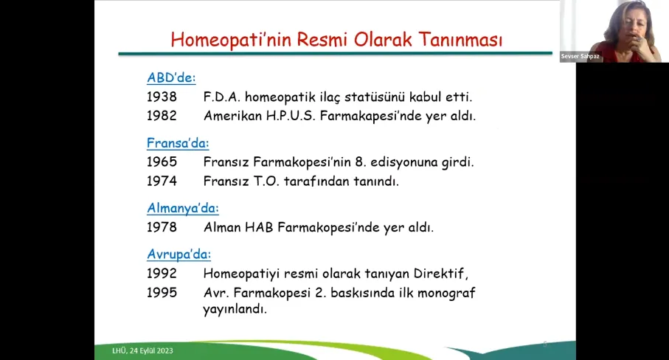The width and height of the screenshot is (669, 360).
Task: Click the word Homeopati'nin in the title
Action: [230, 40]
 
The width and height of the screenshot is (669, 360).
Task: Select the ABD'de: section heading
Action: [171, 77]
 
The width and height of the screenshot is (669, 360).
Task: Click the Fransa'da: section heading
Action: [178, 143]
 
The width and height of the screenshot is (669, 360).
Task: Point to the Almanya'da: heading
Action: [183, 208]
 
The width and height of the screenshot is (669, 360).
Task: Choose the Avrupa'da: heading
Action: [178, 255]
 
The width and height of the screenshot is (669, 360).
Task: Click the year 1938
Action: [162, 97]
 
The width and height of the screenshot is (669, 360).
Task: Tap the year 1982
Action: [162, 116]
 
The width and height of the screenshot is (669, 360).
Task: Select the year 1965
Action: [162, 162]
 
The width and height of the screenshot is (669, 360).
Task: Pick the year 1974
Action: [162, 181]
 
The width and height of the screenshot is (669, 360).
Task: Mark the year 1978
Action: [162, 227]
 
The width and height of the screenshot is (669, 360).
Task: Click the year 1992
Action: [162, 274]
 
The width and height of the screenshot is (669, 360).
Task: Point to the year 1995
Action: [162, 293]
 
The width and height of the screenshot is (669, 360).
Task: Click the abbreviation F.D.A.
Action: [222, 97]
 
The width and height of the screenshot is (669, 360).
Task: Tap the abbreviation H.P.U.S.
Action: [291, 116]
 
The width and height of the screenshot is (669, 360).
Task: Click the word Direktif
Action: [441, 274]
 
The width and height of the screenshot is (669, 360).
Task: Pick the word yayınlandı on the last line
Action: [235, 309]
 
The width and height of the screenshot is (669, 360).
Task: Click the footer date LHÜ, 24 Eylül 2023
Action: [142, 350]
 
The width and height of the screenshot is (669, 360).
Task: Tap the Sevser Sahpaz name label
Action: [580, 56]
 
